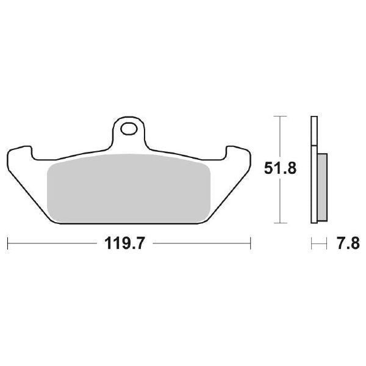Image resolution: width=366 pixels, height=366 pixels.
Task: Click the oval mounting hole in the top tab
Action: pyautogui.click(x=129, y=129)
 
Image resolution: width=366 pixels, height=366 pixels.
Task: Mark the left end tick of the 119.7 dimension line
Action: pyautogui.click(x=7, y=245)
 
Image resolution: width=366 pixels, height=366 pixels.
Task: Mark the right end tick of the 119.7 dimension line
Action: pyautogui.click(x=251, y=245)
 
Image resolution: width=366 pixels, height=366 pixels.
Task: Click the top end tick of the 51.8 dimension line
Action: pyautogui.click(x=279, y=115)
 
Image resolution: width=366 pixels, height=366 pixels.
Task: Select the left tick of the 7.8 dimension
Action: pyautogui.click(x=311, y=245)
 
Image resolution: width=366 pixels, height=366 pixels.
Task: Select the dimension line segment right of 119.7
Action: pyautogui.click(x=201, y=245)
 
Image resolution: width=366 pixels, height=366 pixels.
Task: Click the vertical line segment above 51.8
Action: pyautogui.click(x=279, y=137)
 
